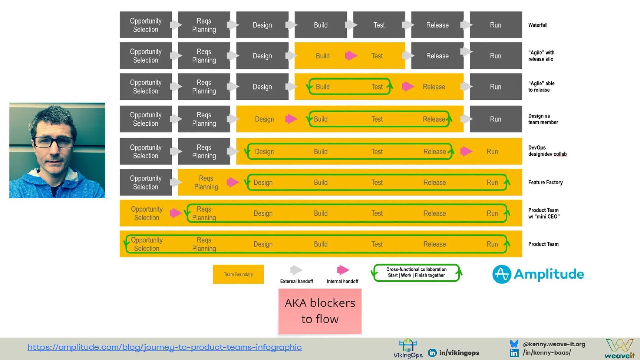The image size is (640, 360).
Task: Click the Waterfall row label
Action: (x=538, y=25)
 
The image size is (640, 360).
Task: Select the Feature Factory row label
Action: (x=545, y=182)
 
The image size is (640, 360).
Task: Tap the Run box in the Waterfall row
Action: (x=495, y=25)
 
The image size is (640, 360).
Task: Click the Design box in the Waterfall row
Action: (x=262, y=25)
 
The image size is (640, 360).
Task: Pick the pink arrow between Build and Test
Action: (x=351, y=56)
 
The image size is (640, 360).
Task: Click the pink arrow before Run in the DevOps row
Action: (x=466, y=152)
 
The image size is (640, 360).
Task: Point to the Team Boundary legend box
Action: (x=238, y=274)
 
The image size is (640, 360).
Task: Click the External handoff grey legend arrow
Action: (x=296, y=270)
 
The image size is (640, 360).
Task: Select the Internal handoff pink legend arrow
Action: (x=343, y=270)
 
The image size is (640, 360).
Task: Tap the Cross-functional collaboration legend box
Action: (x=416, y=273)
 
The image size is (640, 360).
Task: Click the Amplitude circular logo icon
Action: (x=502, y=274)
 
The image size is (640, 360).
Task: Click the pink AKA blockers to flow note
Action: (x=320, y=311)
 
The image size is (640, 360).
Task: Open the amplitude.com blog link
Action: (x=165, y=347)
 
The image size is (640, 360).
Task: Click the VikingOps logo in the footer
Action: (x=408, y=349)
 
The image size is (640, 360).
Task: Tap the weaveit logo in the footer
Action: (x=620, y=349)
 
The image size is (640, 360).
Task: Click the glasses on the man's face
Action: (x=53, y=142)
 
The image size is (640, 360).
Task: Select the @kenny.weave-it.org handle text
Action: (x=554, y=344)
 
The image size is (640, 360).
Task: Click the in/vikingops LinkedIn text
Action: (x=459, y=353)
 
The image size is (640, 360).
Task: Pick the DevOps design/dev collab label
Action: (x=547, y=151)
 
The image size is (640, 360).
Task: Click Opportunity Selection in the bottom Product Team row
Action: (x=147, y=244)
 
